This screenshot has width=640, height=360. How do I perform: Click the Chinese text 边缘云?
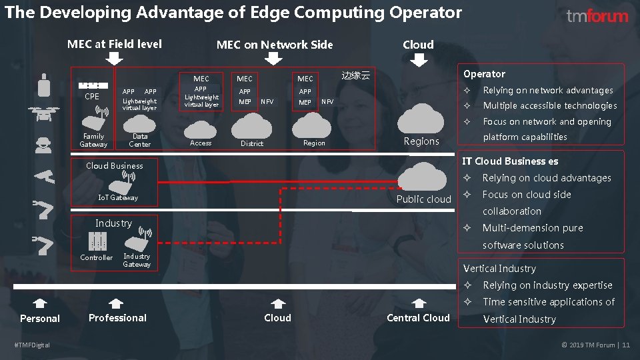coord(355,76)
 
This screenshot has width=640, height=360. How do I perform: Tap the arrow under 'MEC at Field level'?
coord(115,59)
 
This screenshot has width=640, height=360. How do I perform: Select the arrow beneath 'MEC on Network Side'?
coord(274,59)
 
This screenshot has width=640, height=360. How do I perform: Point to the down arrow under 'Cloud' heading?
coord(418,60)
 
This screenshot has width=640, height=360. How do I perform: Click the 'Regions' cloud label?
coord(421,141)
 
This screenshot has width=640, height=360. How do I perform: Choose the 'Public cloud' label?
coord(423,199)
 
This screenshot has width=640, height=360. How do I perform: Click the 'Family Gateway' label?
coord(93,140)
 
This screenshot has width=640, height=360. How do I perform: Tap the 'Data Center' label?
coord(140,140)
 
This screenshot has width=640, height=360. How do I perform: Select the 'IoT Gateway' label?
coord(118,197)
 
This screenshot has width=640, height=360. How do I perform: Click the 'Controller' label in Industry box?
coord(97,257)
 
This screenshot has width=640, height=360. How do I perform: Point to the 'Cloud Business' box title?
coord(115,166)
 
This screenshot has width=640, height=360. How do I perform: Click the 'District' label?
coord(252,143)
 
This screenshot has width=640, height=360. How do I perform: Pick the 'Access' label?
coord(201,143)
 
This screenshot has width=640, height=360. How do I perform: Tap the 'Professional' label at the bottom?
coord(117,318)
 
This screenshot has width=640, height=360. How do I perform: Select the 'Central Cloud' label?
coord(418,318)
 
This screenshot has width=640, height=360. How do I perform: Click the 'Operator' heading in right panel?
coord(484,74)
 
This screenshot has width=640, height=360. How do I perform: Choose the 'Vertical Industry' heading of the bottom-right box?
coord(499,269)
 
